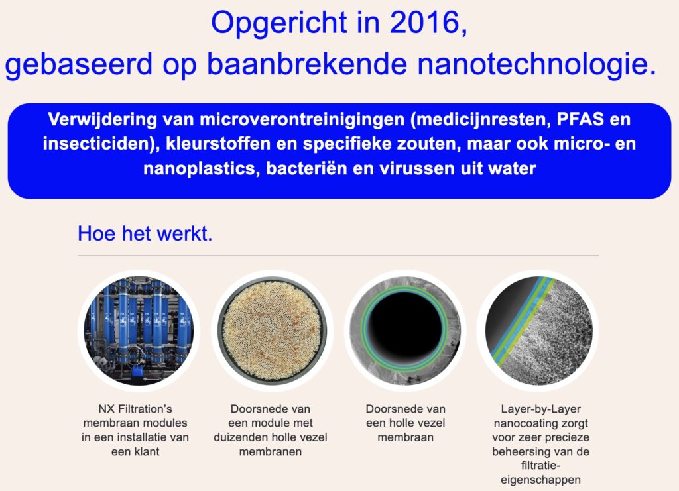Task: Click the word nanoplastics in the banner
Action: [x=201, y=168]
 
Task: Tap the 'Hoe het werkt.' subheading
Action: [x=145, y=234]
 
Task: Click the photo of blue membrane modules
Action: [x=139, y=331]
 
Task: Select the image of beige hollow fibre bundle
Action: [x=273, y=331]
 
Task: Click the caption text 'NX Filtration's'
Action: [x=135, y=409]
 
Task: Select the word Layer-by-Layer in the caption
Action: [x=540, y=409]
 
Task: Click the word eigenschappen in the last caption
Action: [x=540, y=480]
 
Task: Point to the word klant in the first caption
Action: [x=147, y=451]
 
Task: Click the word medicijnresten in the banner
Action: [x=479, y=119]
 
